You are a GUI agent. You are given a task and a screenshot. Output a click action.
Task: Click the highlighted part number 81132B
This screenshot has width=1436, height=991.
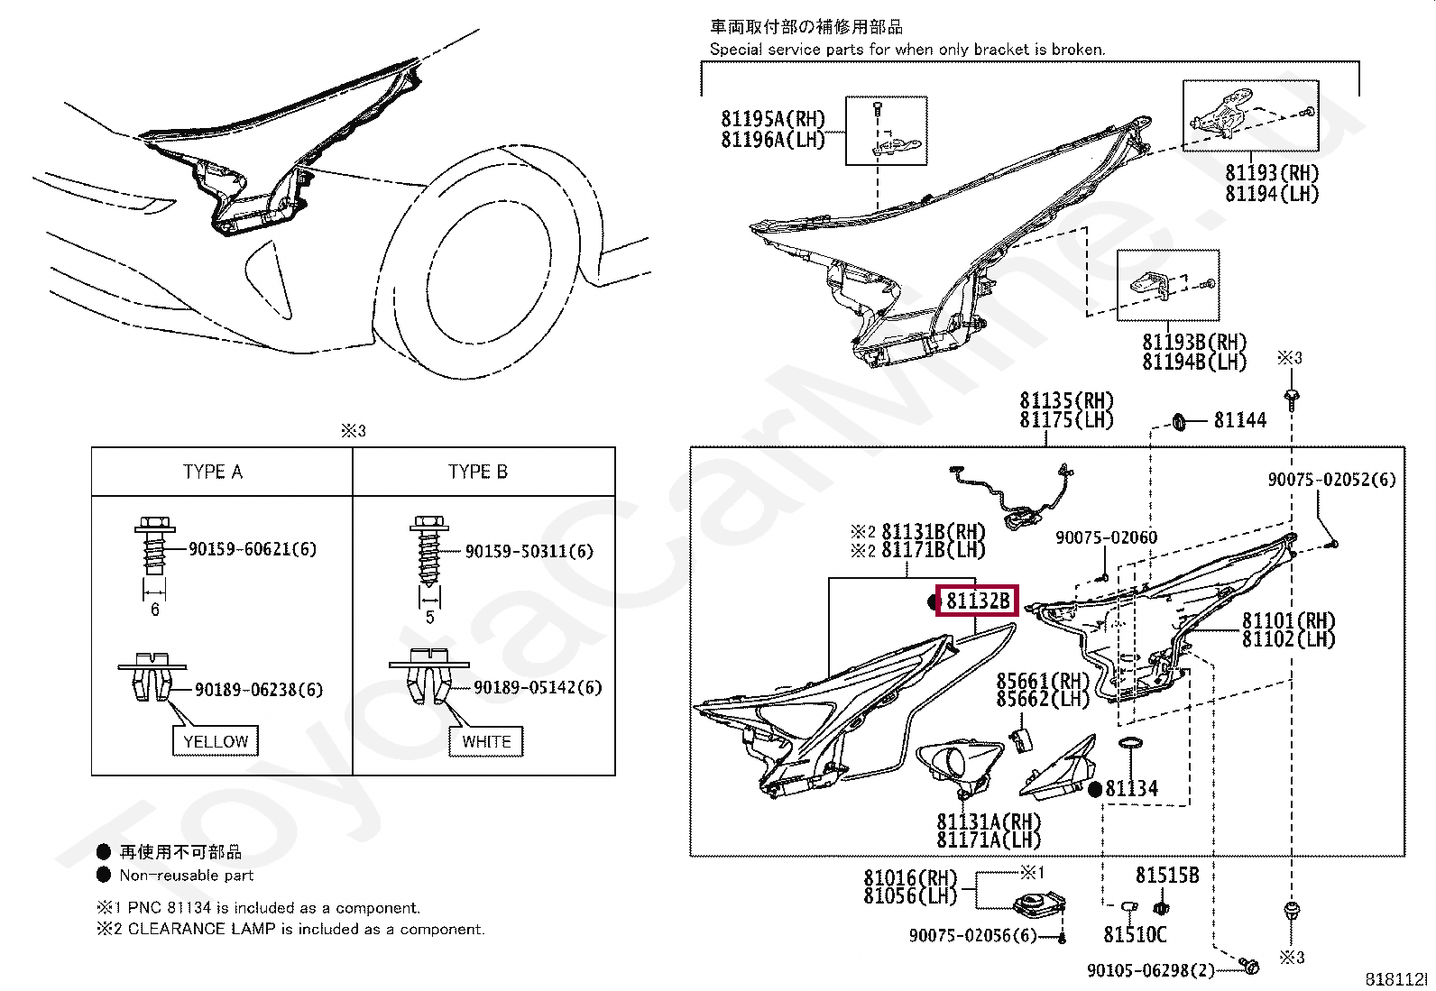978,600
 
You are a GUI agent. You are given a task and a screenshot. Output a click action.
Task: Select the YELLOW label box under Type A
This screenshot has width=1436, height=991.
216,741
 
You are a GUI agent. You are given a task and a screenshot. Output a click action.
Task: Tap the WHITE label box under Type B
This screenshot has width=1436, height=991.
486,741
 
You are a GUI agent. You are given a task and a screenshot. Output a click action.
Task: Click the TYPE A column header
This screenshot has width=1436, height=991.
213,472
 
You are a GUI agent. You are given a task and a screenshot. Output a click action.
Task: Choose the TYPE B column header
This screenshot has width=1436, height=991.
478,472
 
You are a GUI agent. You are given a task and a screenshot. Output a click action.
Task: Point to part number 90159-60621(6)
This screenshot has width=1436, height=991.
253,548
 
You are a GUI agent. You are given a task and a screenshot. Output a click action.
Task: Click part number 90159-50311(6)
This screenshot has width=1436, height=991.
529,551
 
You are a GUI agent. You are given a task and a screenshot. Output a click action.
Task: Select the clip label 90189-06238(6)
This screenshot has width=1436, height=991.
259,690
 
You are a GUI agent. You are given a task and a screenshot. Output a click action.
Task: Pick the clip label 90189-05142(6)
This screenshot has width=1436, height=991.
538,688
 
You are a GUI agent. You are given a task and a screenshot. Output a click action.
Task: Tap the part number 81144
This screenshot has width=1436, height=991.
1240,420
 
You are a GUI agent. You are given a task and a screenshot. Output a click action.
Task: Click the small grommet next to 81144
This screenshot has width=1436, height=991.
1179,419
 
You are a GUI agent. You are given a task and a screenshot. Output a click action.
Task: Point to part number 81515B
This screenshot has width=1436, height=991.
1167,875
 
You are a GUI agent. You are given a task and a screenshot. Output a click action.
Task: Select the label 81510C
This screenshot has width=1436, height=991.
1135,935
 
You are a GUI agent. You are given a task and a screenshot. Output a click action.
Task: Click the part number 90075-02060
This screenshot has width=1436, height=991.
1106,538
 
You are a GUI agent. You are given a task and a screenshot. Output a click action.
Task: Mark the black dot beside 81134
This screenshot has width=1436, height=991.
1095,790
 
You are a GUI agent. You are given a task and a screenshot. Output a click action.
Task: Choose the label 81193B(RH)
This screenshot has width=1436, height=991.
1194,343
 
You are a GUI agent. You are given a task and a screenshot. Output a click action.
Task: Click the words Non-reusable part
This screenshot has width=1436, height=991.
187,876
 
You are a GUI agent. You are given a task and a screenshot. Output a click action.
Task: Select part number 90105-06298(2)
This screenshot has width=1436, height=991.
1151,970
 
